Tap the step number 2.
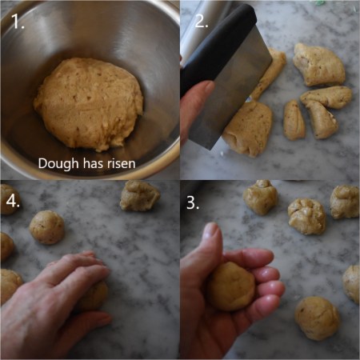coord(201,22)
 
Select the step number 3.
coord(193,203)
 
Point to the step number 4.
coord(13,202)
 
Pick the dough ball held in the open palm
coord(231,286)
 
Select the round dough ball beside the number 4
coord(47,226)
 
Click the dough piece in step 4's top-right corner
coord(139,195)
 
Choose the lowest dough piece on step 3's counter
coord(317,318)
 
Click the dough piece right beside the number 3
coord(260,197)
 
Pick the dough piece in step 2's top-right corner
coord(318,63)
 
